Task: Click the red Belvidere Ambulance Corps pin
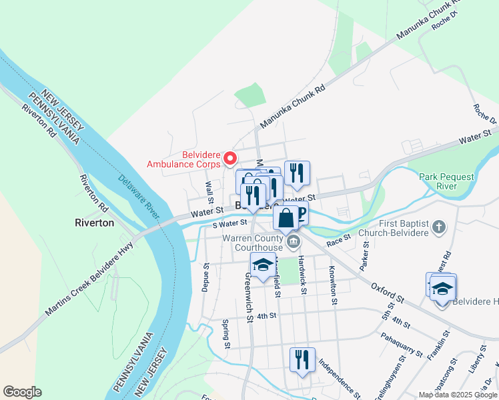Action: pyautogui.click(x=230, y=158)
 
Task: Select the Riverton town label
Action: pyautogui.click(x=94, y=223)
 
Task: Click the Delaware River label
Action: pyautogui.click(x=139, y=197)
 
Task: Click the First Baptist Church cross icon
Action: pyautogui.click(x=438, y=227)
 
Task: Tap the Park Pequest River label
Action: pyautogui.click(x=446, y=181)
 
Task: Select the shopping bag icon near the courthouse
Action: pyautogui.click(x=286, y=217)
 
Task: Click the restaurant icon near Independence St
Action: pyautogui.click(x=302, y=360)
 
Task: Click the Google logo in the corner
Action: pyautogui.click(x=22, y=392)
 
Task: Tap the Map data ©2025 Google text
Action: pyautogui.click(x=457, y=395)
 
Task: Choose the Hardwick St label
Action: pyautogui.click(x=302, y=270)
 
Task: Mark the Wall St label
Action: pyautogui.click(x=209, y=193)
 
